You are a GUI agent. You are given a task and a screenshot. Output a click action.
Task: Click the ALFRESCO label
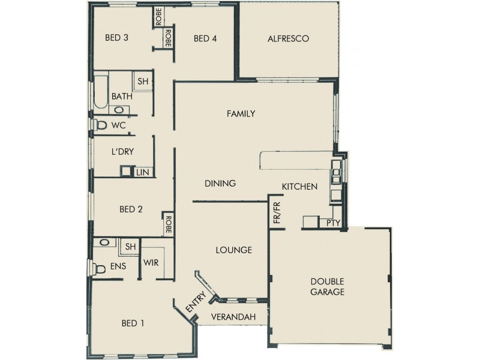click(288, 39)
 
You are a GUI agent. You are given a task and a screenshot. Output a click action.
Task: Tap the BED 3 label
click(117, 38)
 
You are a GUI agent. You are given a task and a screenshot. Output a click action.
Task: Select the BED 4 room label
click(205, 39)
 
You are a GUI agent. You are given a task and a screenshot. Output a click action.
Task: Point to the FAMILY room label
click(241, 113)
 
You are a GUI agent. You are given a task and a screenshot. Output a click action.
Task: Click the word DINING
click(220, 184)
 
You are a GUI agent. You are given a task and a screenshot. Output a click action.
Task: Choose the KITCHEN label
click(299, 187)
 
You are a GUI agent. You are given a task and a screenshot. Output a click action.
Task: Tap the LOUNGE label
click(234, 250)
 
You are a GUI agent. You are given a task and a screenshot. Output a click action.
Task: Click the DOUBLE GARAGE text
click(327, 287)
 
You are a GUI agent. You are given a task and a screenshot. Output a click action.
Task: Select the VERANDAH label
click(233, 317)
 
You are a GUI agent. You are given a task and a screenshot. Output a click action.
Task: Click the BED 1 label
click(133, 323)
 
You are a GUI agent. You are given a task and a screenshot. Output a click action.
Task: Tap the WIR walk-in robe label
click(150, 262)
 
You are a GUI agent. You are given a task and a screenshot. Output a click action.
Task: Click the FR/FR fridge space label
click(277, 214)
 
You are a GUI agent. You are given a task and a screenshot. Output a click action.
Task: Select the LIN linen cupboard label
click(142, 172)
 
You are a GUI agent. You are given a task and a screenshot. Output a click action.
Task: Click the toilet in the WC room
click(100, 125)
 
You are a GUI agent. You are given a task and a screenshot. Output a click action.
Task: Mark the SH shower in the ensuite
click(130, 247)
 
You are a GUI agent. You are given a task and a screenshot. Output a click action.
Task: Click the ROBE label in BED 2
click(169, 225)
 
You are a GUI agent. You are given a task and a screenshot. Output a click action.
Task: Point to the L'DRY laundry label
click(122, 152)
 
